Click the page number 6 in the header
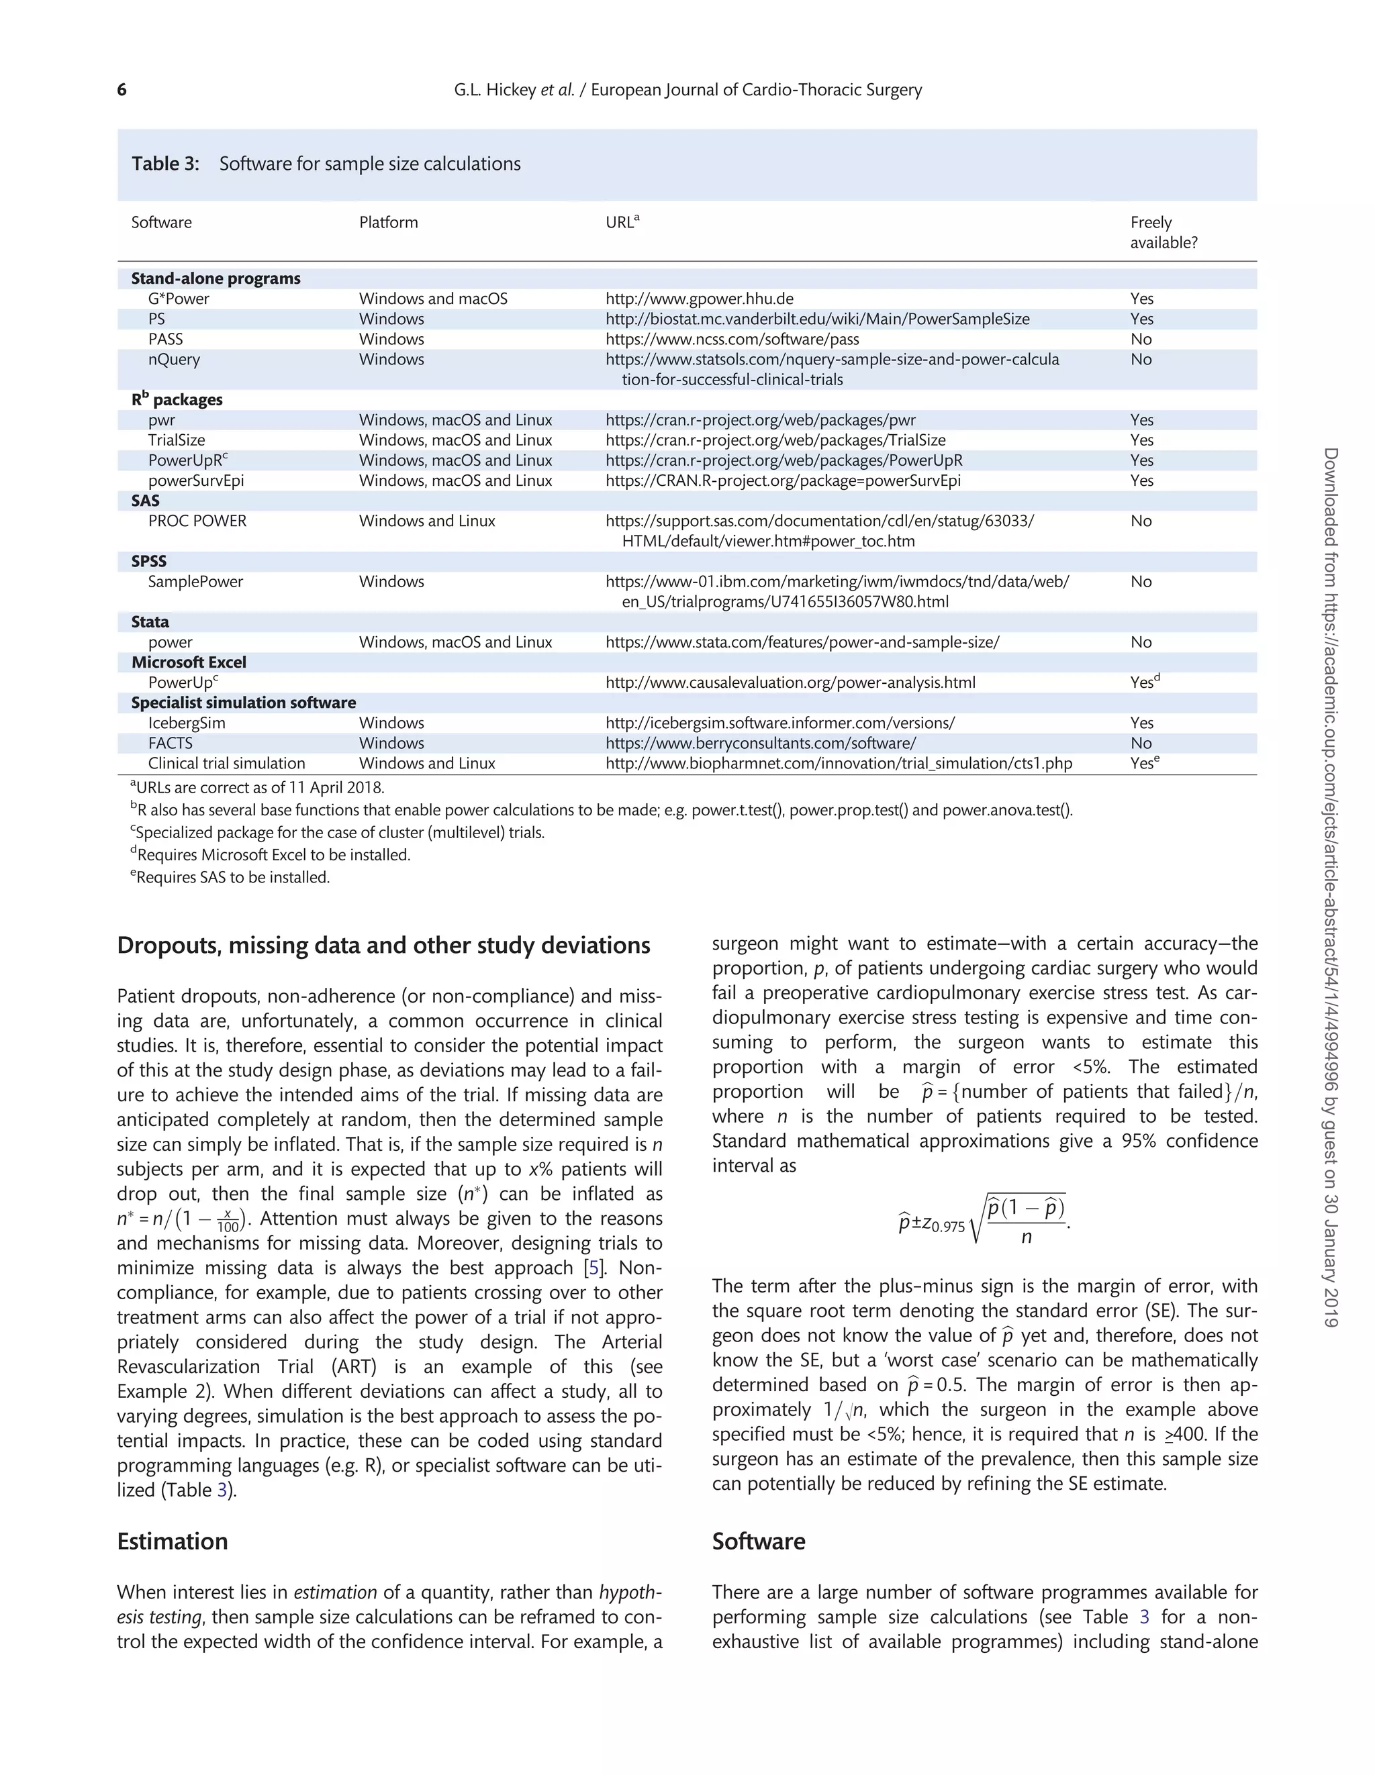(122, 89)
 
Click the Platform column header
(388, 223)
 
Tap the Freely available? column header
(1163, 232)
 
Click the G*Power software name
(178, 299)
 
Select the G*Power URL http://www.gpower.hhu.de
(700, 299)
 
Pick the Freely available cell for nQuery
(1141, 359)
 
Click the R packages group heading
(177, 400)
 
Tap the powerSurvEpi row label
(196, 480)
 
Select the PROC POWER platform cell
(427, 521)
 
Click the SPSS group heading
(149, 562)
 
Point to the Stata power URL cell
(802, 642)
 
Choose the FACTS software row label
(170, 743)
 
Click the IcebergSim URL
(779, 723)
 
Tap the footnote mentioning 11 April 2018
(257, 788)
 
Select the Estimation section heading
(173, 1541)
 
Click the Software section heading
(758, 1541)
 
